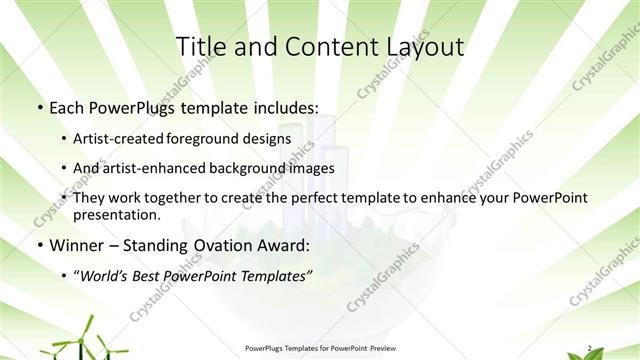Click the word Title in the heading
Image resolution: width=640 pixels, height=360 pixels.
pos(201,46)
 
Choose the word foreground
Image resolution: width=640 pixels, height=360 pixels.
pos(212,138)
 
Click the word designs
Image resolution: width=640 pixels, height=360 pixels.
pos(268,138)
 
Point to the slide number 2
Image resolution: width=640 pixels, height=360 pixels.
pos(589,347)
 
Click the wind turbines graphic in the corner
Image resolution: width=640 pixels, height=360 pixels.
pos(80,338)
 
